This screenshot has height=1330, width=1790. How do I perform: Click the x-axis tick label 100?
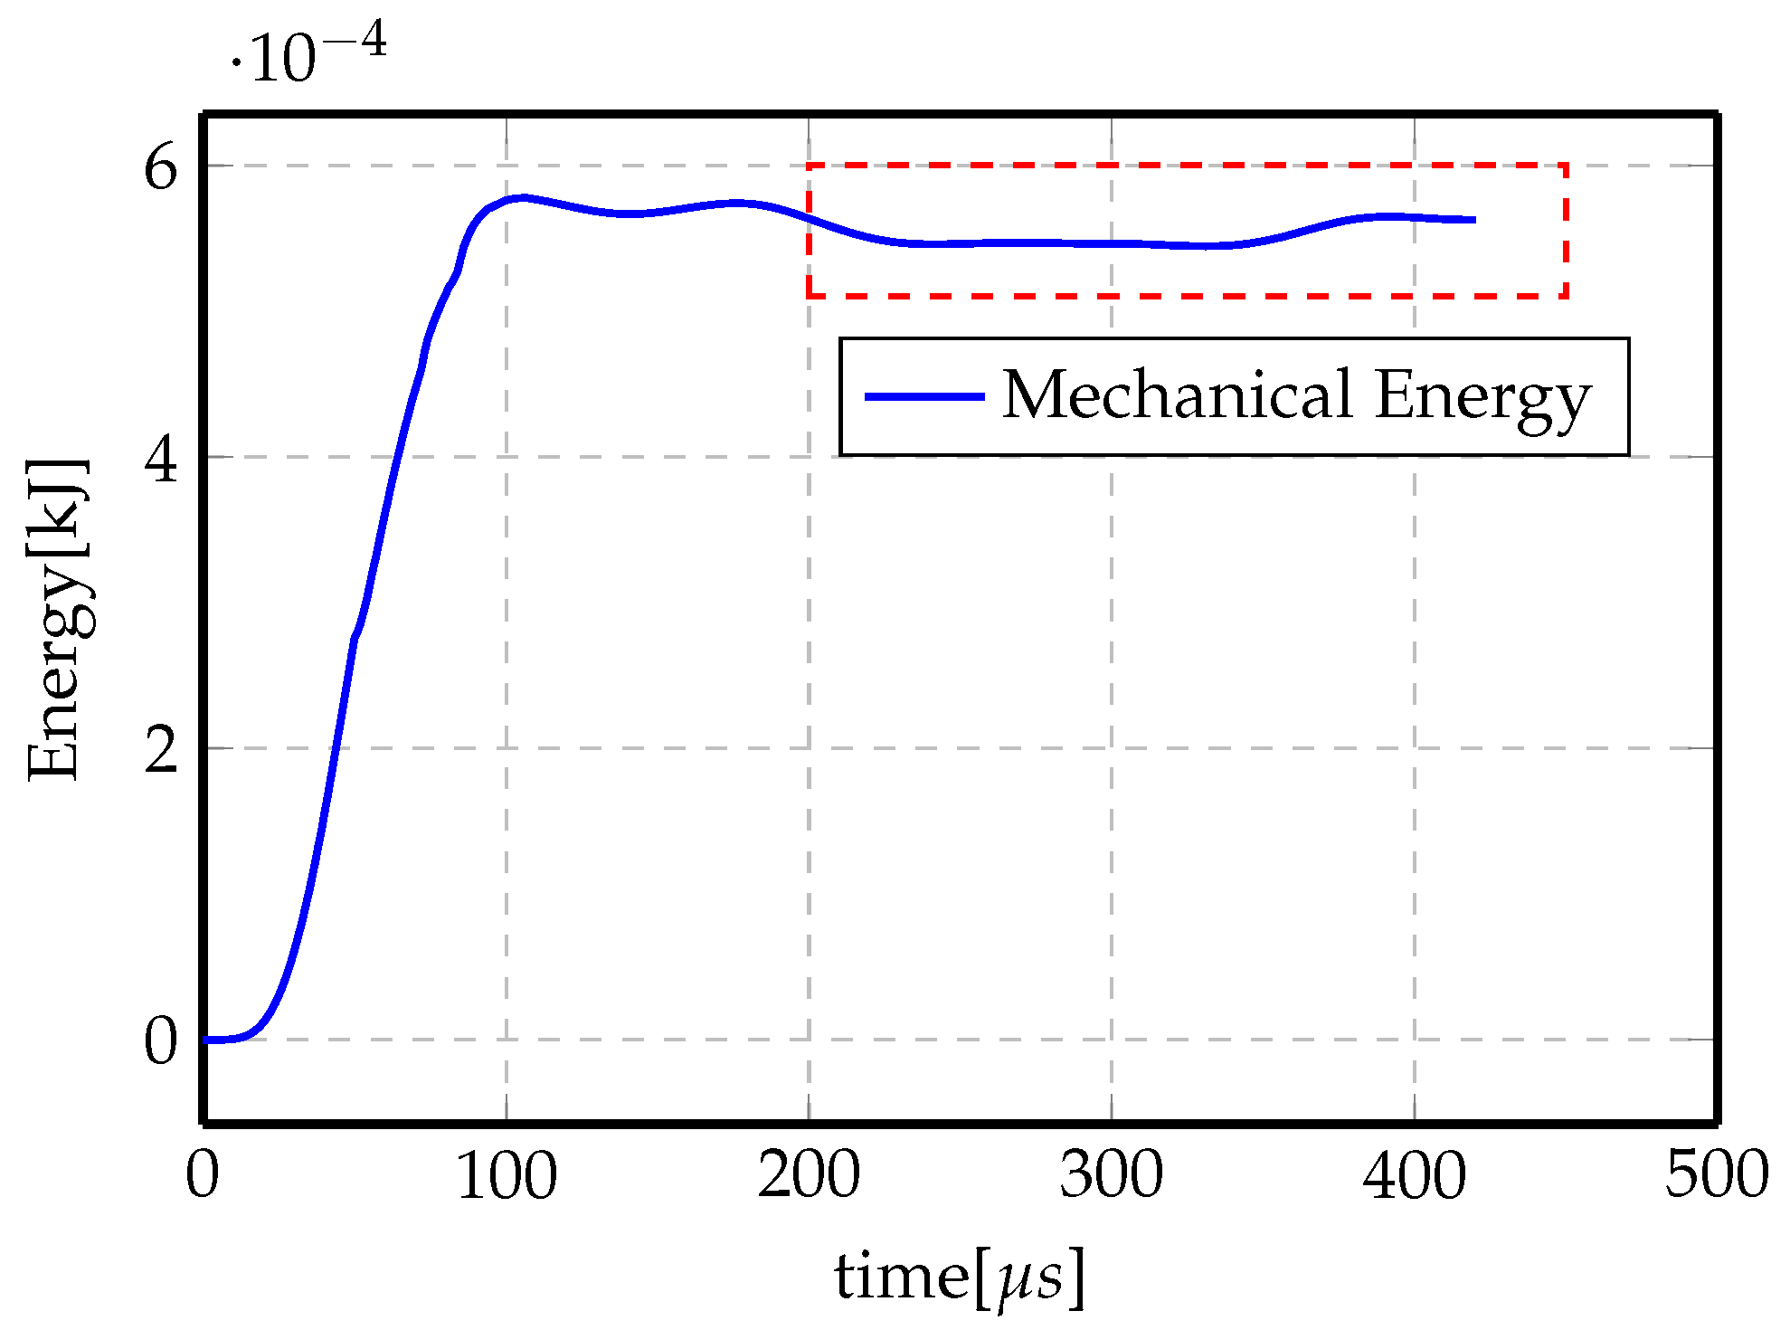coord(507,1176)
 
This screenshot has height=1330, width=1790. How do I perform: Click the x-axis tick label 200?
coord(809,1176)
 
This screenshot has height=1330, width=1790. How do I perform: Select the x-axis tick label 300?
coord(1112,1176)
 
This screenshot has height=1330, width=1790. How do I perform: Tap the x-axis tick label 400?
coord(1414,1176)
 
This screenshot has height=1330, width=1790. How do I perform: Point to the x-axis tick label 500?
coord(1716,1176)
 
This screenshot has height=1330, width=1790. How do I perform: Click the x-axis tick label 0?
coord(203,1176)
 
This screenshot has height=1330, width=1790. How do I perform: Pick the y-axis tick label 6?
coord(161,167)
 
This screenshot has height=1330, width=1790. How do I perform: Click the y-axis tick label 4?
coord(161,459)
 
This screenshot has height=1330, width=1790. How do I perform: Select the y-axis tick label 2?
coord(161,750)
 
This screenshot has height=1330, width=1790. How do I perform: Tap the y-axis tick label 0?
coord(161,1041)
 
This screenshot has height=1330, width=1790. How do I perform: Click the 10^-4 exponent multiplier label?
coord(309,54)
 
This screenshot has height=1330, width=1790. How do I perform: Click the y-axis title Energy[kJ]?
coord(56,620)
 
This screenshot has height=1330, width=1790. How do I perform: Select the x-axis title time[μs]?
coord(959,1278)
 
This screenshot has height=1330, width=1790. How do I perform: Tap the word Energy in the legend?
coord(1482,398)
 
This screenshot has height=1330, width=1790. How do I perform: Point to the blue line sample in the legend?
coord(924,396)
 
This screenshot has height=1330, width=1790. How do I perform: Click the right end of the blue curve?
coord(1473,220)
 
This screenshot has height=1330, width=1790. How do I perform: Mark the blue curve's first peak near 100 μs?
coord(520,197)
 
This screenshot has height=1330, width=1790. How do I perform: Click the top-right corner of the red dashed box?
coord(1566,166)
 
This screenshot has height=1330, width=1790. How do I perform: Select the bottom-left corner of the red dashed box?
coord(809,296)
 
